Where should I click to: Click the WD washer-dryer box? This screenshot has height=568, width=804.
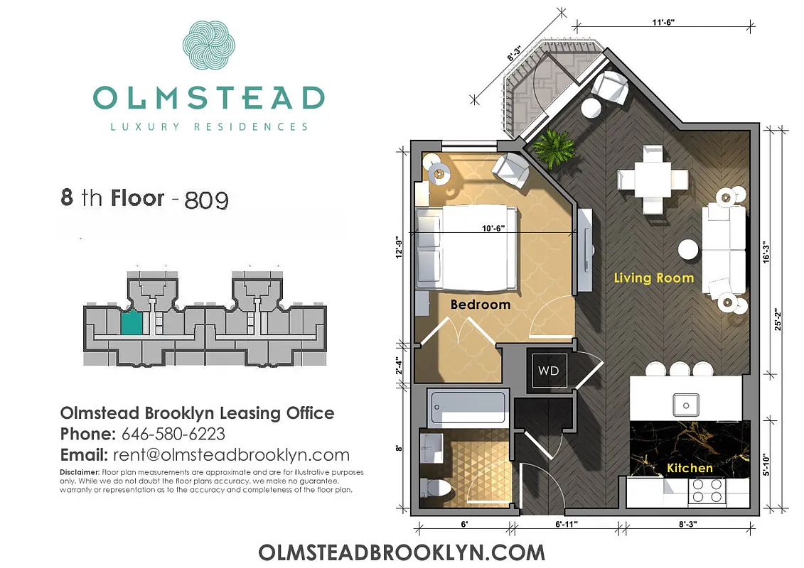click(x=548, y=371)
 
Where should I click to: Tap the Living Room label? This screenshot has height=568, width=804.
click(x=653, y=278)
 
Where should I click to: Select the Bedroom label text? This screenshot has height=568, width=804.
click(x=481, y=305)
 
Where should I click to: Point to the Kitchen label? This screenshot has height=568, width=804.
click(x=689, y=468)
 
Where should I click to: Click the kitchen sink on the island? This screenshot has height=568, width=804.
click(x=687, y=405)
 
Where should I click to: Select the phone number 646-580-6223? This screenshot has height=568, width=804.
click(x=173, y=434)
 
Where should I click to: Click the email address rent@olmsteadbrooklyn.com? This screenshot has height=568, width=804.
click(x=230, y=455)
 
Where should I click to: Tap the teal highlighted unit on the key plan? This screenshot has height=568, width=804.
click(x=131, y=324)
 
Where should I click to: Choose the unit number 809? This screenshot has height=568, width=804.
click(x=206, y=200)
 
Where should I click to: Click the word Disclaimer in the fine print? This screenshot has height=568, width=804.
click(x=79, y=472)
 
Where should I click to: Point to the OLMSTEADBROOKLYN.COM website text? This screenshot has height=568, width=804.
click(x=402, y=552)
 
